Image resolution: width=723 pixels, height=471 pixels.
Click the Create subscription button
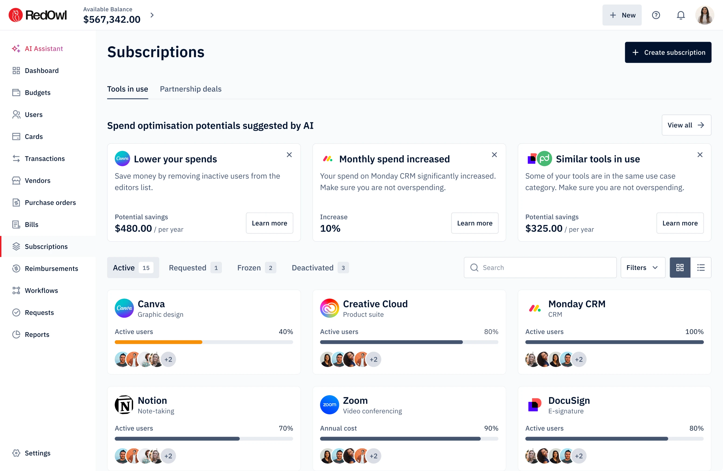668,52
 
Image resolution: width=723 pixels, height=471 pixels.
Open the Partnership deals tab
190,89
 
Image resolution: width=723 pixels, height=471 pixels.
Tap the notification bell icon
681,15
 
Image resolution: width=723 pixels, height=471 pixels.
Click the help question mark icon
656,15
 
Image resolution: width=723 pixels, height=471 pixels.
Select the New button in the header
622,15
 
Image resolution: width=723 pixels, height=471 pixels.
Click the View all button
686,125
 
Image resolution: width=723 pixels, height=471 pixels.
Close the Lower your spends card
289,155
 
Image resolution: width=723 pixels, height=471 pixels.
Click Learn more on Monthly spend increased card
474,223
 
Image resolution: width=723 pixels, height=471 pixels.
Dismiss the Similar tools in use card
700,155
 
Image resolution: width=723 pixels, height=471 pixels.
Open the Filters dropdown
643,268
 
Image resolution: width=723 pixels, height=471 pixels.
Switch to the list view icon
701,268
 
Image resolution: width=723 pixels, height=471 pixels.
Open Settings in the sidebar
37,453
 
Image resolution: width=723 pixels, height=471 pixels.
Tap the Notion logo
124,405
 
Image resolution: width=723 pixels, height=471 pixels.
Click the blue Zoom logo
329,405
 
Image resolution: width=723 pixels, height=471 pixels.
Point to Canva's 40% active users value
286,332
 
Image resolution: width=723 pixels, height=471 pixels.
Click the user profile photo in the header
704,15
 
